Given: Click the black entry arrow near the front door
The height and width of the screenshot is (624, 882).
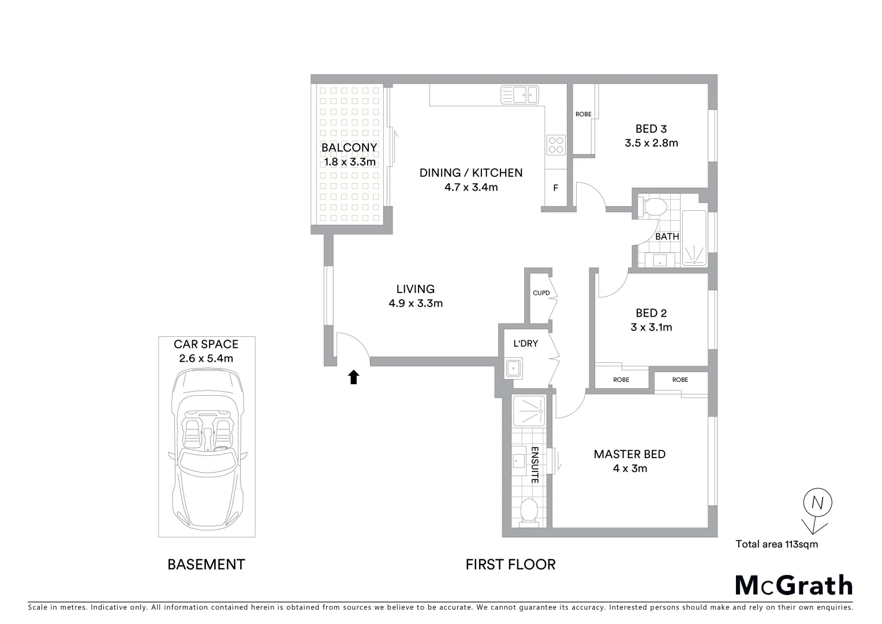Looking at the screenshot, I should [353, 377].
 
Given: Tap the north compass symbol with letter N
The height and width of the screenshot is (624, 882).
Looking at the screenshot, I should [817, 503].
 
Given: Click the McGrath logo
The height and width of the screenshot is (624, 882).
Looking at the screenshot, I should [794, 585].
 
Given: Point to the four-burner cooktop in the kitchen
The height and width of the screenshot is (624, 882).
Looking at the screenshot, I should [556, 144].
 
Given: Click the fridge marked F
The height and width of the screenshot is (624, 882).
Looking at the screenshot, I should [555, 188].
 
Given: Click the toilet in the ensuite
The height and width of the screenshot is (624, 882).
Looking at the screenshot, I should [528, 512].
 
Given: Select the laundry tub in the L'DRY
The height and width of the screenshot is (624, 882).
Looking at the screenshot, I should [513, 367].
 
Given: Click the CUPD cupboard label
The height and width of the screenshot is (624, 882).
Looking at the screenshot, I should [541, 293].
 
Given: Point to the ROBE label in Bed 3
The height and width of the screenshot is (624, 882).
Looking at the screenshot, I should [583, 114].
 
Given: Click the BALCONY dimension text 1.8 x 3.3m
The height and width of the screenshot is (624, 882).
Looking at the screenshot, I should [350, 162].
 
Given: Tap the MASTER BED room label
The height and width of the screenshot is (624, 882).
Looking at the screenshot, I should [629, 454].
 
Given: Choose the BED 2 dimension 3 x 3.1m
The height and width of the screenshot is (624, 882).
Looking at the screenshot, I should [651, 328].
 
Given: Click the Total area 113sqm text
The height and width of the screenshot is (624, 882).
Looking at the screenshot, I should [776, 544].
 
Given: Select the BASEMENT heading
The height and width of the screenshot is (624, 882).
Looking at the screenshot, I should [206, 564].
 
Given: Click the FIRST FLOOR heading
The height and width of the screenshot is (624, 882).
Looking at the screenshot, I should [510, 564].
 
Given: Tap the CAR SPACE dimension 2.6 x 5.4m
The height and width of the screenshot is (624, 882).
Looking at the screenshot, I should [206, 358].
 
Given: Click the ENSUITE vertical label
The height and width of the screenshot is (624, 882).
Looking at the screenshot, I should [535, 465].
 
